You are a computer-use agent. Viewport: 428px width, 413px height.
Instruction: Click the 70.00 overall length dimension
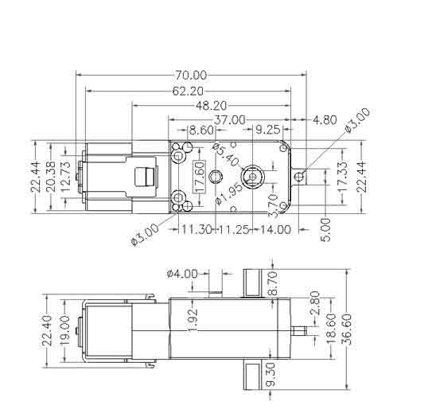tap(190, 76)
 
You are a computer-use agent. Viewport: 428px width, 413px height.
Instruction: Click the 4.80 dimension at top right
tap(325, 120)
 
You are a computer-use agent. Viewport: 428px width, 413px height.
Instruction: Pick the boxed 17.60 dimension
tap(199, 171)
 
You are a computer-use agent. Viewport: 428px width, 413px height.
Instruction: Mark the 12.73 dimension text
tap(68, 177)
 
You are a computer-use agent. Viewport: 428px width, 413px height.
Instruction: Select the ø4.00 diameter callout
tap(182, 274)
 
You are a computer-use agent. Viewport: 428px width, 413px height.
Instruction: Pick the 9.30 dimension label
tap(271, 377)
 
